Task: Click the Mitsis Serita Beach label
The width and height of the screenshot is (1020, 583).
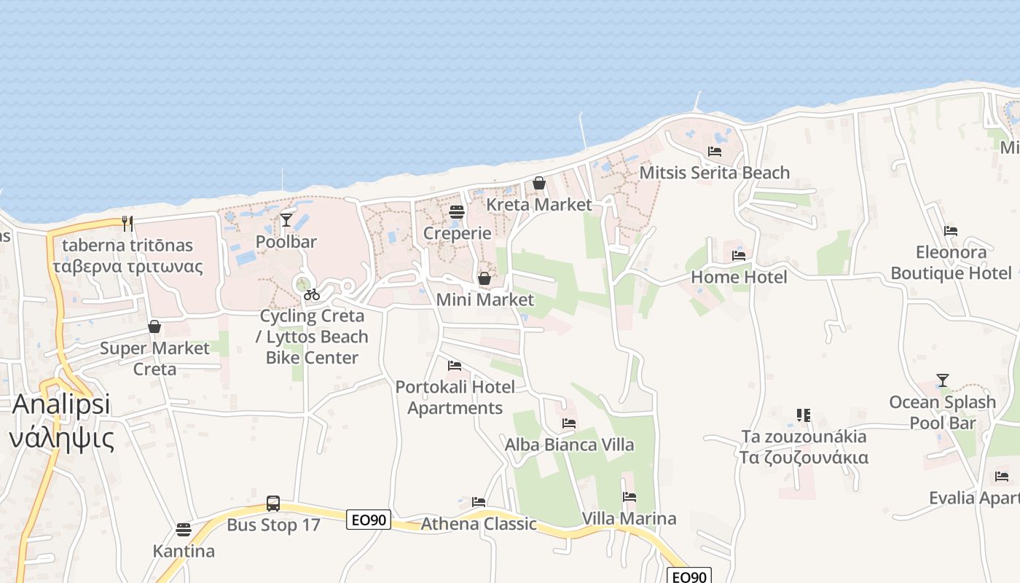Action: pyautogui.click(x=714, y=173)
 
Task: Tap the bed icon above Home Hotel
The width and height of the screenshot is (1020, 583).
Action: pyautogui.click(x=739, y=256)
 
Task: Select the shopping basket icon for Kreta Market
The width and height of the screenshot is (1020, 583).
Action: pyautogui.click(x=539, y=183)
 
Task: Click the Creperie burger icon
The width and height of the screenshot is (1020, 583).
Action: pyautogui.click(x=457, y=212)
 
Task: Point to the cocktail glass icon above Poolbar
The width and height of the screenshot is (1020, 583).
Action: pyautogui.click(x=286, y=219)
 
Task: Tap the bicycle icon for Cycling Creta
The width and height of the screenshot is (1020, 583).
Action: pyautogui.click(x=312, y=294)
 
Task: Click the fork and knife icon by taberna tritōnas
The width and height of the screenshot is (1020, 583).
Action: pyautogui.click(x=127, y=223)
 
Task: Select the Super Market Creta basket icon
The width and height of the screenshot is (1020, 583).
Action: pyautogui.click(x=154, y=326)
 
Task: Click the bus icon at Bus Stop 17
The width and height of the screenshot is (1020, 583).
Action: pyautogui.click(x=272, y=503)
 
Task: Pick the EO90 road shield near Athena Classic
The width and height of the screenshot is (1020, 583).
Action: pyautogui.click(x=369, y=520)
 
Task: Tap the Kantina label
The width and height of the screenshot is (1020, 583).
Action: pyautogui.click(x=184, y=551)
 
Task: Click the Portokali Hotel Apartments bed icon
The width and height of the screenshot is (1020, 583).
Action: pyautogui.click(x=455, y=365)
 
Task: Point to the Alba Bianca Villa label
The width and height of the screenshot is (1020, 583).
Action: pyautogui.click(x=569, y=445)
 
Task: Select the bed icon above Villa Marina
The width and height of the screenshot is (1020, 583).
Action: pyautogui.click(x=629, y=497)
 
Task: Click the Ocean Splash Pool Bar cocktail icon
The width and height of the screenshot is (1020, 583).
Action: pyautogui.click(x=943, y=380)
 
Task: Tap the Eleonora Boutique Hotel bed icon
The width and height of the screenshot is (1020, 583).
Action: pyautogui.click(x=950, y=231)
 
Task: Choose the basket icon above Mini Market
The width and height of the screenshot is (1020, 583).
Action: pyautogui.click(x=484, y=278)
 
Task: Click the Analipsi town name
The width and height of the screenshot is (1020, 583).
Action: pyautogui.click(x=61, y=404)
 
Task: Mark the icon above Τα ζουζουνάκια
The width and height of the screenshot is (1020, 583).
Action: pyautogui.click(x=804, y=415)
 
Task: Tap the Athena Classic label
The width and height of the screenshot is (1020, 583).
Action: pyautogui.click(x=479, y=523)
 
